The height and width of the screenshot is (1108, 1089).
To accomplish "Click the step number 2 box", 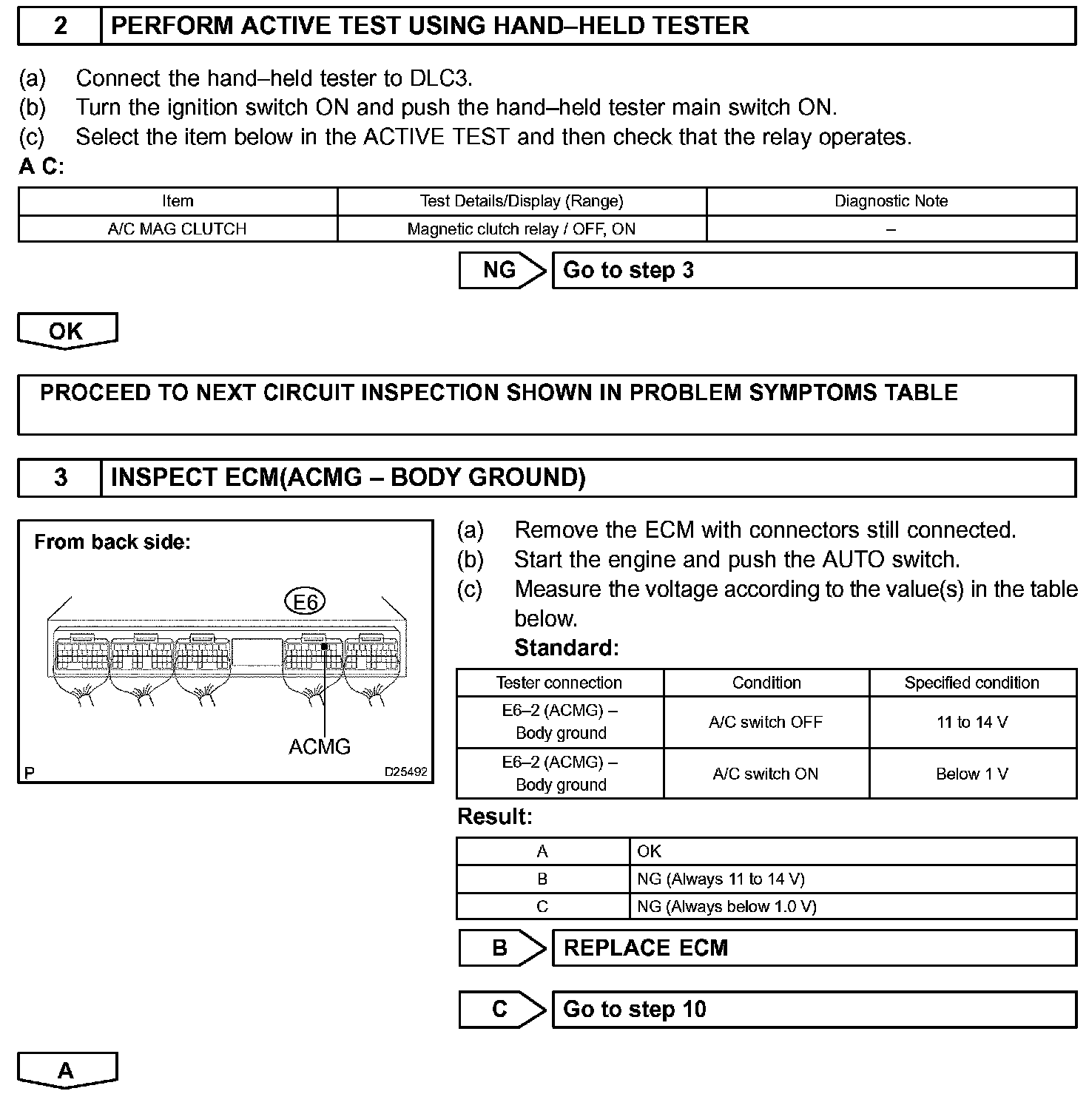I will click(x=60, y=27).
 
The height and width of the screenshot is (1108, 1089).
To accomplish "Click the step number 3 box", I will click(x=60, y=478).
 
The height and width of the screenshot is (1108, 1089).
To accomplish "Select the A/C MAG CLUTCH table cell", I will click(x=177, y=229).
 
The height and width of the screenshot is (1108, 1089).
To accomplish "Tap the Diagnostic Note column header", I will click(x=891, y=201).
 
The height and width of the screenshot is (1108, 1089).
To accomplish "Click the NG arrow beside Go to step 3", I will click(x=501, y=271).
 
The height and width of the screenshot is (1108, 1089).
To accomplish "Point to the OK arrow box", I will click(x=67, y=331).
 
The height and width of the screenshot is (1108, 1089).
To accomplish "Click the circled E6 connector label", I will click(x=305, y=602).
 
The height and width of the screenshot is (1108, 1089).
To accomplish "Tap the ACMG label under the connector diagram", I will click(x=320, y=747).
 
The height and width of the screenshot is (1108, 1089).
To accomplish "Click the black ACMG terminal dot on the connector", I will click(x=325, y=646).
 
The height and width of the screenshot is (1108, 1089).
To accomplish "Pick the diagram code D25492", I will click(x=405, y=771).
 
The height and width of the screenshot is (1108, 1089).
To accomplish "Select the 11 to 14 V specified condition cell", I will click(x=972, y=723).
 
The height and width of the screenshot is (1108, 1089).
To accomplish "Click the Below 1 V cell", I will click(x=972, y=774).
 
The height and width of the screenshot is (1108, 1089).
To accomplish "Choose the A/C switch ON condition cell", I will click(x=766, y=774).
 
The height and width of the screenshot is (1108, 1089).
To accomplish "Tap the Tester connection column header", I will click(x=559, y=683).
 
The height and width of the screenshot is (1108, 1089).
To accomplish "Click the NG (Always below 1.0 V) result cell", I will click(x=852, y=907).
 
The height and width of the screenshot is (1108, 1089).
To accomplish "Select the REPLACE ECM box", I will click(x=814, y=948).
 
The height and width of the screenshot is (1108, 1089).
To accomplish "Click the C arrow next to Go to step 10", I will click(x=501, y=1010).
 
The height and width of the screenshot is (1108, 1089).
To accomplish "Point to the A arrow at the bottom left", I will click(x=67, y=1070).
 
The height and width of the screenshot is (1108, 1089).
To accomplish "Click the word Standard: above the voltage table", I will click(x=567, y=649).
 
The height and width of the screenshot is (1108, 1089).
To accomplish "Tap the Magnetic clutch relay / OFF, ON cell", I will click(x=522, y=229).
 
